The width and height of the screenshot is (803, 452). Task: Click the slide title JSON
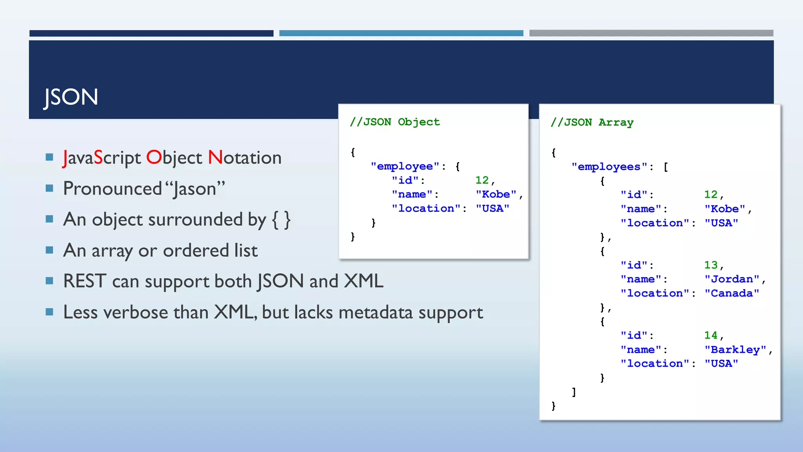point(71,97)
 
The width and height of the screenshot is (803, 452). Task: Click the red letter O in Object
point(154,157)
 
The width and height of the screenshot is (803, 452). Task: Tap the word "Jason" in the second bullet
point(194,189)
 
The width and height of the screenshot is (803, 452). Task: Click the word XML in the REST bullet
point(363,281)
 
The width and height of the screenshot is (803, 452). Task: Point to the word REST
point(85,281)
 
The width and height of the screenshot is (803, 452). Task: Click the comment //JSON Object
point(395,122)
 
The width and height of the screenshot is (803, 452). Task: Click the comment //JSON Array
point(592,122)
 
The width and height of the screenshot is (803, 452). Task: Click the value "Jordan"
point(732,279)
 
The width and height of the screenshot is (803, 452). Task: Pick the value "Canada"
point(732,293)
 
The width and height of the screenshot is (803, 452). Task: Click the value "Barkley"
point(735,350)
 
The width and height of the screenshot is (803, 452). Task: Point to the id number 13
point(710,265)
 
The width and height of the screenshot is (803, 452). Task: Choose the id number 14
point(710,335)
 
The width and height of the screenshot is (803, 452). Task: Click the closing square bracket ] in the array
point(574,392)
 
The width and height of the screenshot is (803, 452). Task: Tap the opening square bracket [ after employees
point(666,167)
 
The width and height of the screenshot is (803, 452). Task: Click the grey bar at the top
point(651,33)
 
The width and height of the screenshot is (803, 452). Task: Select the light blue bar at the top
point(401,33)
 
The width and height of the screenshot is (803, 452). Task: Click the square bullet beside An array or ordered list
point(49,250)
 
